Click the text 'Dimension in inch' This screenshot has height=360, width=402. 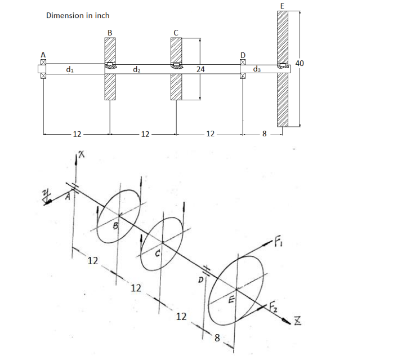tap(77, 15)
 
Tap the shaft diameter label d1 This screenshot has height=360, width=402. tap(68, 69)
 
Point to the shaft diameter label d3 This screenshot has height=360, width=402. tap(257, 69)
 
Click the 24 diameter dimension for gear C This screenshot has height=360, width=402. tap(200, 69)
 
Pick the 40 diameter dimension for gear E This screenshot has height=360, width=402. tap(300, 64)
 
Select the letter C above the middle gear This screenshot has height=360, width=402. tap(176, 33)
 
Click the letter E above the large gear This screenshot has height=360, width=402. tap(282, 5)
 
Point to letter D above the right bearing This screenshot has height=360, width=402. tap(243, 55)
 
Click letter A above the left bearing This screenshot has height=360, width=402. tap(42, 55)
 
